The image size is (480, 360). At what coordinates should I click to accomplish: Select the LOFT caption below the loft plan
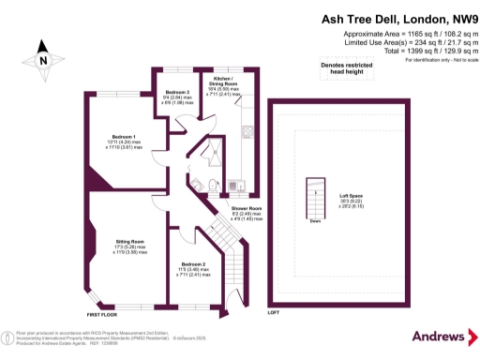[x=274, y=311]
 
